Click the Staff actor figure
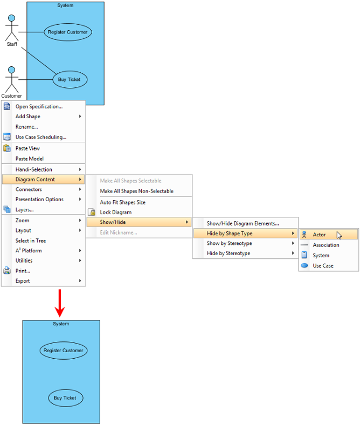[12, 28]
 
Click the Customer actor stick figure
[12, 79]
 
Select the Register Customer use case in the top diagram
[68, 32]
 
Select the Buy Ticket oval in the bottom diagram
[66, 398]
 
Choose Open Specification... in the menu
[39, 107]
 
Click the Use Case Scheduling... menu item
[40, 137]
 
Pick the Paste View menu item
[27, 148]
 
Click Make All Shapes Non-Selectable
[136, 191]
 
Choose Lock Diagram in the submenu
[116, 212]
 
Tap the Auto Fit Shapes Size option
[122, 202]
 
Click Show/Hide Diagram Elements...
[243, 224]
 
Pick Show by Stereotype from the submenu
[229, 243]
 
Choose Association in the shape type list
[326, 245]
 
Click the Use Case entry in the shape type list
[323, 266]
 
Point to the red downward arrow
[60, 303]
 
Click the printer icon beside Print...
[7, 271]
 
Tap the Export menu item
[23, 281]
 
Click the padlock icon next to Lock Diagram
[92, 212]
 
